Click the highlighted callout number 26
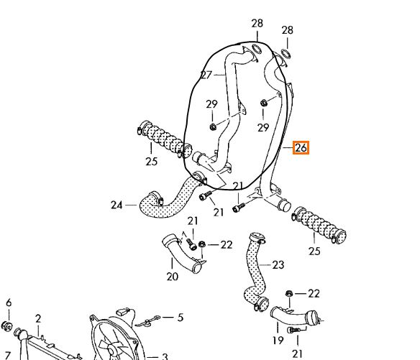point(301,148)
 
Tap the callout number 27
point(206,75)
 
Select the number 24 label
point(117,206)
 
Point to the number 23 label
point(278,265)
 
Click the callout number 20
point(172,277)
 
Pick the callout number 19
point(278,341)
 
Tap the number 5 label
point(181,318)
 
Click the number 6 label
point(9,303)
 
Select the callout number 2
point(38,319)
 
